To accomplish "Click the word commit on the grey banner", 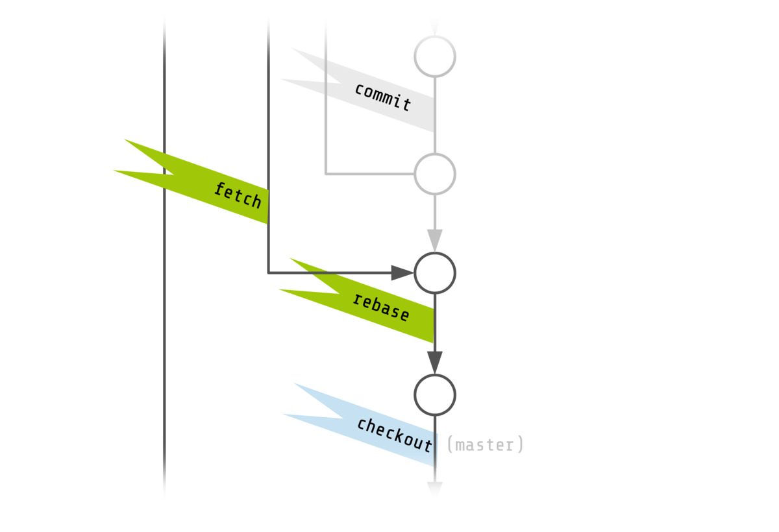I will [383, 97].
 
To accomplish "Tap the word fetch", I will [238, 195].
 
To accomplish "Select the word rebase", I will [381, 308].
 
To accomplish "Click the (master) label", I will [485, 445].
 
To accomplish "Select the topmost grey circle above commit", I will [435, 56].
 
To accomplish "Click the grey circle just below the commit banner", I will [435, 174].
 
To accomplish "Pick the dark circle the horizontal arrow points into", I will [435, 272].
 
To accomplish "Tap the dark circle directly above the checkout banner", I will [435, 394].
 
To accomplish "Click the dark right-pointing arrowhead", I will [402, 272].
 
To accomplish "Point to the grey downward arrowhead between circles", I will [435, 239].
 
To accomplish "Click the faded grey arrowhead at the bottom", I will [435, 489].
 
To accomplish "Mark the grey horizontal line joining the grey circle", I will [370, 174].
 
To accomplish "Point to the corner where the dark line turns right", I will [268, 272].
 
